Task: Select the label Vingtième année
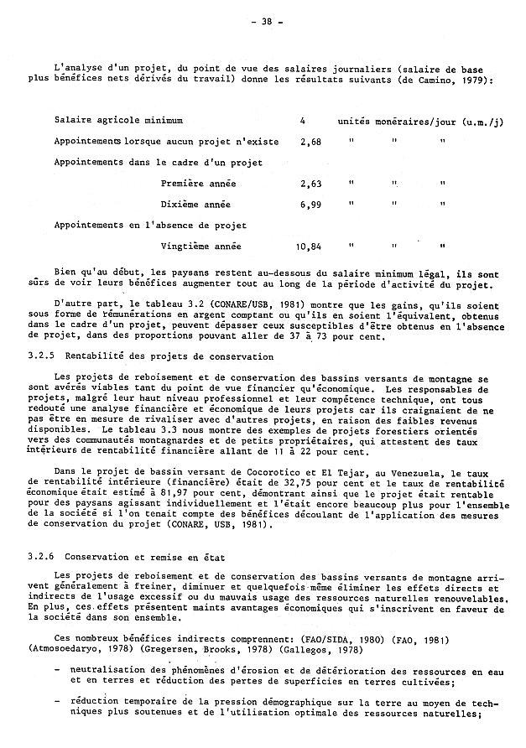[201, 247]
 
